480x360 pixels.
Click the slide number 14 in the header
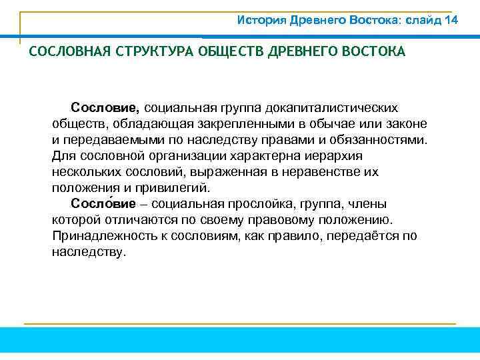pyautogui.click(x=451, y=20)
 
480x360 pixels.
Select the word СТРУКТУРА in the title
pyautogui.click(x=149, y=52)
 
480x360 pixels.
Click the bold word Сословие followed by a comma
pyautogui.click(x=105, y=108)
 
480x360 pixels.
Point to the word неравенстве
pyautogui.click(x=329, y=172)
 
